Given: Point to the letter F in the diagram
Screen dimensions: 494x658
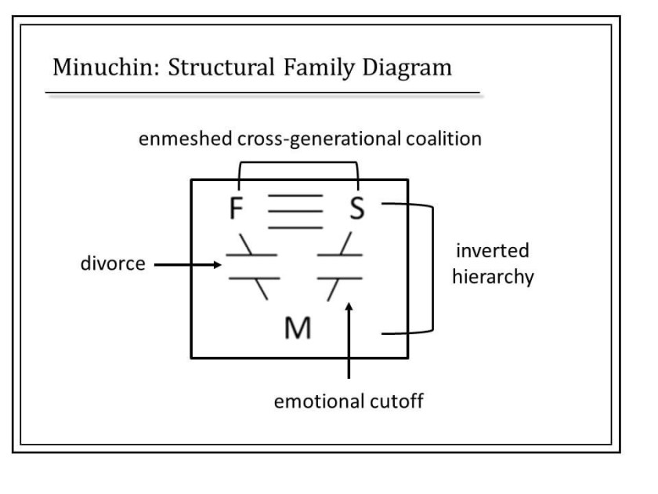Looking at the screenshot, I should coord(237,209).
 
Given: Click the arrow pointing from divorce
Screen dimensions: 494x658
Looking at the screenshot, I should coord(188,265).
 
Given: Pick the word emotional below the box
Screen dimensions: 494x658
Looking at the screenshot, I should coord(316,403).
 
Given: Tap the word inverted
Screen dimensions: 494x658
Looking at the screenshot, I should coord(492,252).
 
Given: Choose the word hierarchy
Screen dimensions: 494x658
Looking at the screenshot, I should coord(493,278).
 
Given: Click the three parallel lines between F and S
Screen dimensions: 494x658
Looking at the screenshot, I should coord(295,212).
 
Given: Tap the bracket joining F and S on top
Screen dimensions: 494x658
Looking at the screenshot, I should coord(298,163).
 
